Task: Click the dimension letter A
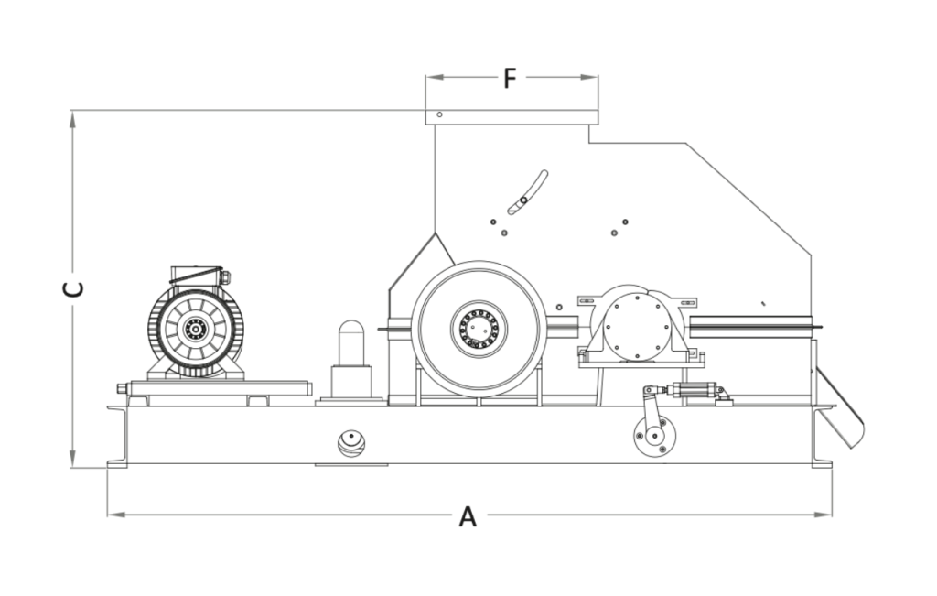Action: (468, 517)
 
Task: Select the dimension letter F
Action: (511, 79)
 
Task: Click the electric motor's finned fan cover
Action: (194, 327)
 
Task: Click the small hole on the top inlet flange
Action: (440, 115)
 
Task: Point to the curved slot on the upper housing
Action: (528, 192)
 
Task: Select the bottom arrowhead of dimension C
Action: (73, 461)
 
